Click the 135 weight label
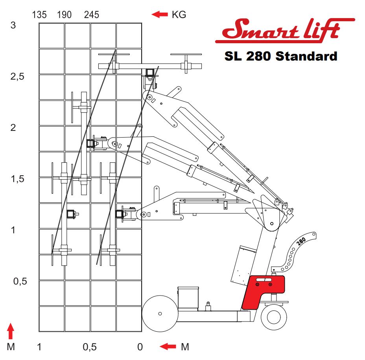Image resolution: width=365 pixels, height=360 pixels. [x=39, y=15]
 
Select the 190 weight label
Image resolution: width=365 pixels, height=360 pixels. [x=64, y=15]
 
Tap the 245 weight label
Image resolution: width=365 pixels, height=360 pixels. [x=92, y=15]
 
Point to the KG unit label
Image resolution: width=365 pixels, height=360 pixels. [x=179, y=15]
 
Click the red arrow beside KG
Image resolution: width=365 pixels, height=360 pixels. [x=159, y=15]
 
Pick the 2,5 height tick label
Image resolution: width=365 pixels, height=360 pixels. [x=17, y=77]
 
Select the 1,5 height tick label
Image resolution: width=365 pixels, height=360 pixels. [x=17, y=179]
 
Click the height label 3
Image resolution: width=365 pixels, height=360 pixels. [x=13, y=25]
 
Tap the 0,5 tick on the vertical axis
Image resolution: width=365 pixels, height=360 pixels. [x=20, y=281]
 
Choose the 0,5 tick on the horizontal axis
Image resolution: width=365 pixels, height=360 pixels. [x=90, y=347]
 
